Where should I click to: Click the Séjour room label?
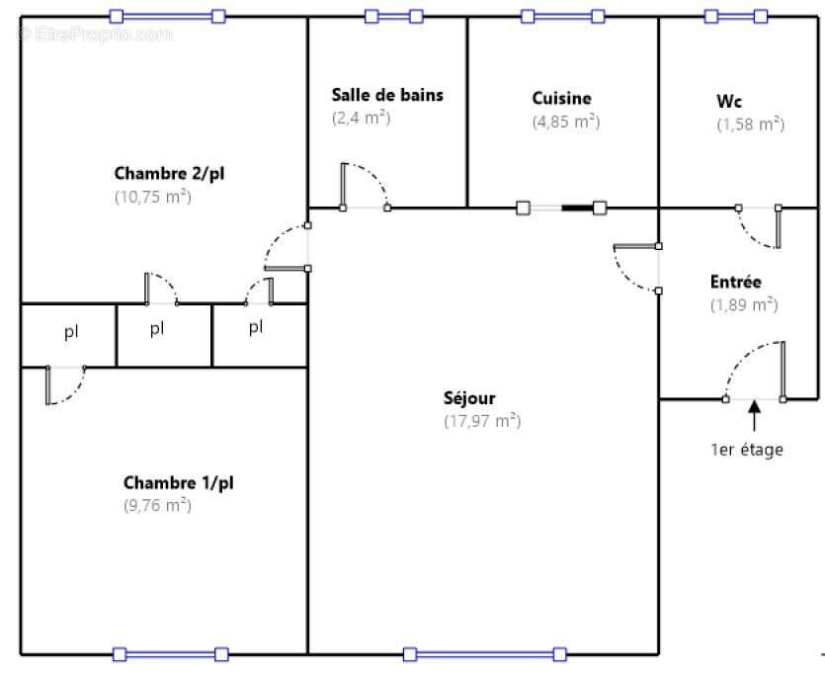469,399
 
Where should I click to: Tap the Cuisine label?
561,98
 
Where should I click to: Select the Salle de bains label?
387,95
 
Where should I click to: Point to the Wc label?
729,101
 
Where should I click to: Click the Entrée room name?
736,282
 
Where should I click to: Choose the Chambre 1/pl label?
178,483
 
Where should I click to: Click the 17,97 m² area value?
482,421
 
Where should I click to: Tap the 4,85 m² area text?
565,122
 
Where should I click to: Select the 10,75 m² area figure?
152,196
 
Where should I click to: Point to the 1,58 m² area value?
750,124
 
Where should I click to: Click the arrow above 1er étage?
754,416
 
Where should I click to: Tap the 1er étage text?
747,450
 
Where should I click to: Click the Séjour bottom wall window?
484,653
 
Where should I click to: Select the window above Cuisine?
562,16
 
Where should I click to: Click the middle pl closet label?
157,328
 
